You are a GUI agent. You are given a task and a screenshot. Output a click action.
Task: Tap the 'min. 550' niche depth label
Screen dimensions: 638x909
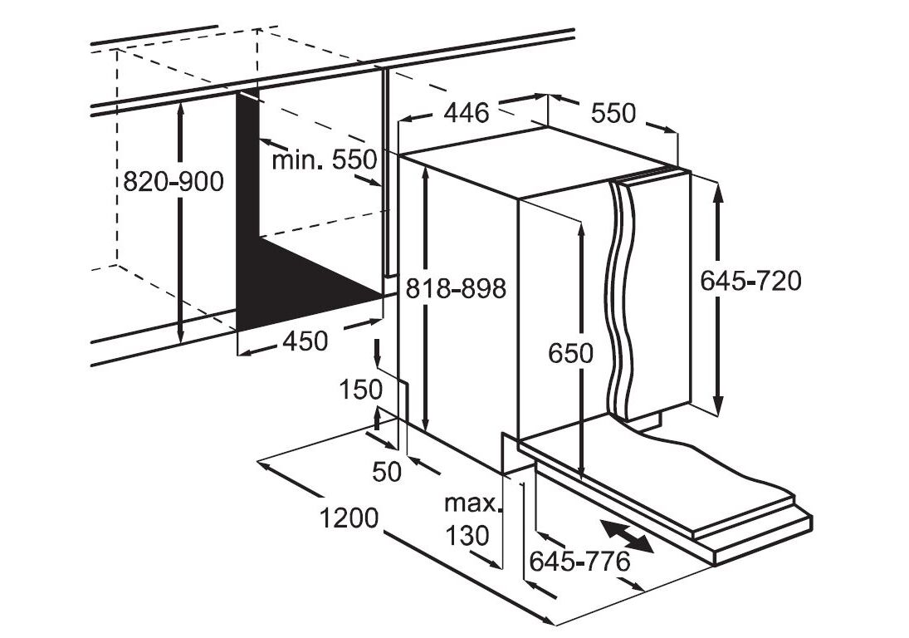(x=325, y=160)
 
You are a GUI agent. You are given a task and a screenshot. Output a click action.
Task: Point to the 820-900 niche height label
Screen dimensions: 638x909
(x=173, y=181)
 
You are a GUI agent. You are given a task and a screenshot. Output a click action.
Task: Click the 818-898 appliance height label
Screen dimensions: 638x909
(x=456, y=288)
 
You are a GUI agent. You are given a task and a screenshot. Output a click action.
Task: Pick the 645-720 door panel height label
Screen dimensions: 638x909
(x=751, y=282)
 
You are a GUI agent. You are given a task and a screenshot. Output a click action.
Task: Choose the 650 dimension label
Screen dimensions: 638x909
(x=571, y=353)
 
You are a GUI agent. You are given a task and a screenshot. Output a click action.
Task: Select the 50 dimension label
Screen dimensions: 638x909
(x=387, y=471)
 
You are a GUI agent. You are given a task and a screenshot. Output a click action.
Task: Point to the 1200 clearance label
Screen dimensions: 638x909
(x=349, y=518)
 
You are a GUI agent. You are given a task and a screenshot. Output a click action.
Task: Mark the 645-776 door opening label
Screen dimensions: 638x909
(x=579, y=562)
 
